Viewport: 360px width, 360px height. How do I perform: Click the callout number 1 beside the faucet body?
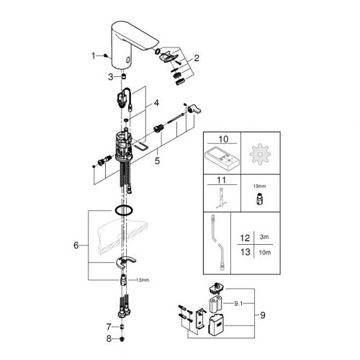click(x=94, y=56)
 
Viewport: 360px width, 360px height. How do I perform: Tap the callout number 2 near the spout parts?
click(x=197, y=58)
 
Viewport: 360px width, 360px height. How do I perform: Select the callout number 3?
click(x=110, y=77)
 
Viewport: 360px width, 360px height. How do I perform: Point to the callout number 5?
click(x=157, y=161)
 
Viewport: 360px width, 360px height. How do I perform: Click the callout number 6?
click(x=76, y=246)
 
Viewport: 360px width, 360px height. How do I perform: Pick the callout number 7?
click(x=109, y=327)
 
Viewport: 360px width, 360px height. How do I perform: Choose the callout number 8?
click(x=109, y=339)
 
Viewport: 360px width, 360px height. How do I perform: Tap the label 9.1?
click(x=238, y=304)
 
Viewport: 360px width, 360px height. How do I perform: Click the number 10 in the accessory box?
click(x=223, y=139)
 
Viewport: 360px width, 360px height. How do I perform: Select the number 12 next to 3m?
click(x=245, y=238)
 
